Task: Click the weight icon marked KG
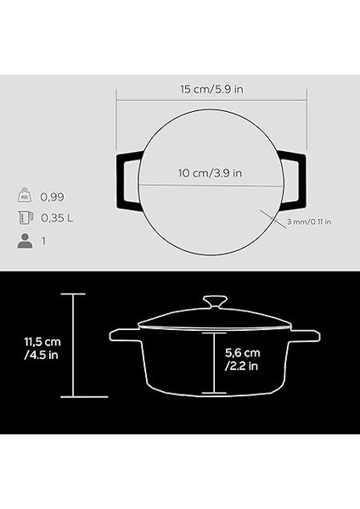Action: (25, 194)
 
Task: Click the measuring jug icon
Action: (25, 218)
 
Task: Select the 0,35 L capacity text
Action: (58, 218)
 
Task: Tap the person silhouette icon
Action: (25, 241)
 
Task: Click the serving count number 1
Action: (43, 241)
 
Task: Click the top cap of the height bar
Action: (74, 294)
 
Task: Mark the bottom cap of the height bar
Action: (74, 397)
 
